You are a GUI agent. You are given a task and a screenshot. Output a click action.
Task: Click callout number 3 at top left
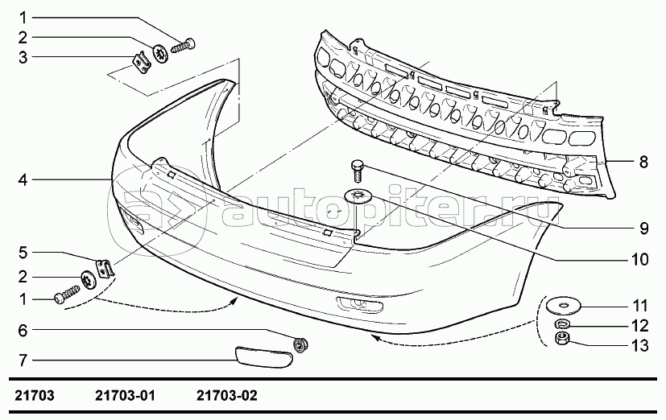point(23,57)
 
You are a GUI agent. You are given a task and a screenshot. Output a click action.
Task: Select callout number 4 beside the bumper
point(23,180)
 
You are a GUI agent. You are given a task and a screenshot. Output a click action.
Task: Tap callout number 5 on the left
point(23,253)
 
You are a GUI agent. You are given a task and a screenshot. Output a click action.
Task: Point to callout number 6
point(23,330)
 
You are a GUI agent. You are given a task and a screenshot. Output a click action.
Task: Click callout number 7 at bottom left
point(23,360)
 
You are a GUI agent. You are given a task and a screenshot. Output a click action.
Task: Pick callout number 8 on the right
point(643,162)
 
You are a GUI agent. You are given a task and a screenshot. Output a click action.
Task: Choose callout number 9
point(644,229)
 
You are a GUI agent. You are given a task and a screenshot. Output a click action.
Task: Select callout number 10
point(640,259)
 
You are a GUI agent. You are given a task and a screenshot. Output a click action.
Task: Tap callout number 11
point(640,306)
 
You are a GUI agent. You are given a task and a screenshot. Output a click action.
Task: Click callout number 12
point(640,326)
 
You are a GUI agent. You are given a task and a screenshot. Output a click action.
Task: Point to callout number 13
point(640,346)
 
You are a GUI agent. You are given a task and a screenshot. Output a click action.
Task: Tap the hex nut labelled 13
point(562,339)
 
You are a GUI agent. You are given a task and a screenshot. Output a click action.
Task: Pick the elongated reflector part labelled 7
point(264,356)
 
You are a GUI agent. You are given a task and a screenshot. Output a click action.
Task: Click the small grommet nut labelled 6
point(300,344)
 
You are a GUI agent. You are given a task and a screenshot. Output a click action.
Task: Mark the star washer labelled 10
point(358,196)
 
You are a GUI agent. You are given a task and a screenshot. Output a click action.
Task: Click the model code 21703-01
point(126,396)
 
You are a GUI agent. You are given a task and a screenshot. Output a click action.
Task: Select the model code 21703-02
point(227,396)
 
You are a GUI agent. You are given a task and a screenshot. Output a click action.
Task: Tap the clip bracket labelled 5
point(105,268)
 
